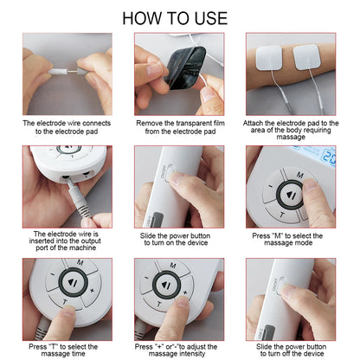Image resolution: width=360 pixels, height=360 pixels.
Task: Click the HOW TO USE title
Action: click(180, 17)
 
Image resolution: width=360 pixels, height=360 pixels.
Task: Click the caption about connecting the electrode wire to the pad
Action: click(67, 127)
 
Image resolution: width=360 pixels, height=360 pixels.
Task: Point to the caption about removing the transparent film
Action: click(179, 127)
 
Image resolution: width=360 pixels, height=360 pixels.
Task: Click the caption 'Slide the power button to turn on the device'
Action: click(179, 240)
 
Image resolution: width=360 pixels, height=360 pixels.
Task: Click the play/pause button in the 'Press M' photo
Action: click(286, 196)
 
